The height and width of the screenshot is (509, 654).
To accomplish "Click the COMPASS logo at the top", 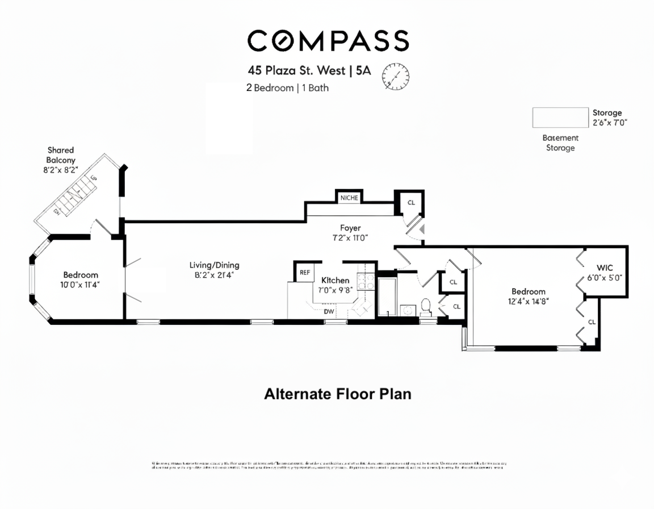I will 328,41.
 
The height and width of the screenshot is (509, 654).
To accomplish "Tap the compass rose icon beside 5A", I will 395,75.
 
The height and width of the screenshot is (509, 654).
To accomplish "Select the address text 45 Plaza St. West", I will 297,71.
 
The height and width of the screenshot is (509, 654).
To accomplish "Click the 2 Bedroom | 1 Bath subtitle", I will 287,88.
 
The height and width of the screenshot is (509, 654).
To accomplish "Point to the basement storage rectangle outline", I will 560,118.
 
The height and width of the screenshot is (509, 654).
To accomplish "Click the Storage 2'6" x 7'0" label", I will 610,118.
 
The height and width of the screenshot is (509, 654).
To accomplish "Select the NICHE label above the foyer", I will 349,198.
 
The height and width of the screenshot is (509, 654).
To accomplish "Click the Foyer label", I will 350,228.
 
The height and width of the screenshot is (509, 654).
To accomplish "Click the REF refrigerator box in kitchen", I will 305,272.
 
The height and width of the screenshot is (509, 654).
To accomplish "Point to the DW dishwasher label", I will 329,311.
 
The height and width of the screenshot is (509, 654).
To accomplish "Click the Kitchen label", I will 335,281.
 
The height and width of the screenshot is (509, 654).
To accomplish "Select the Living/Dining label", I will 214,265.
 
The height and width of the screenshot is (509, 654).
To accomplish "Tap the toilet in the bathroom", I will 426,307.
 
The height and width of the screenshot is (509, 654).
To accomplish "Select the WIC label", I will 605,268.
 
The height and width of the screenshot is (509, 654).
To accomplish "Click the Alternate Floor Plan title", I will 337,394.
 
